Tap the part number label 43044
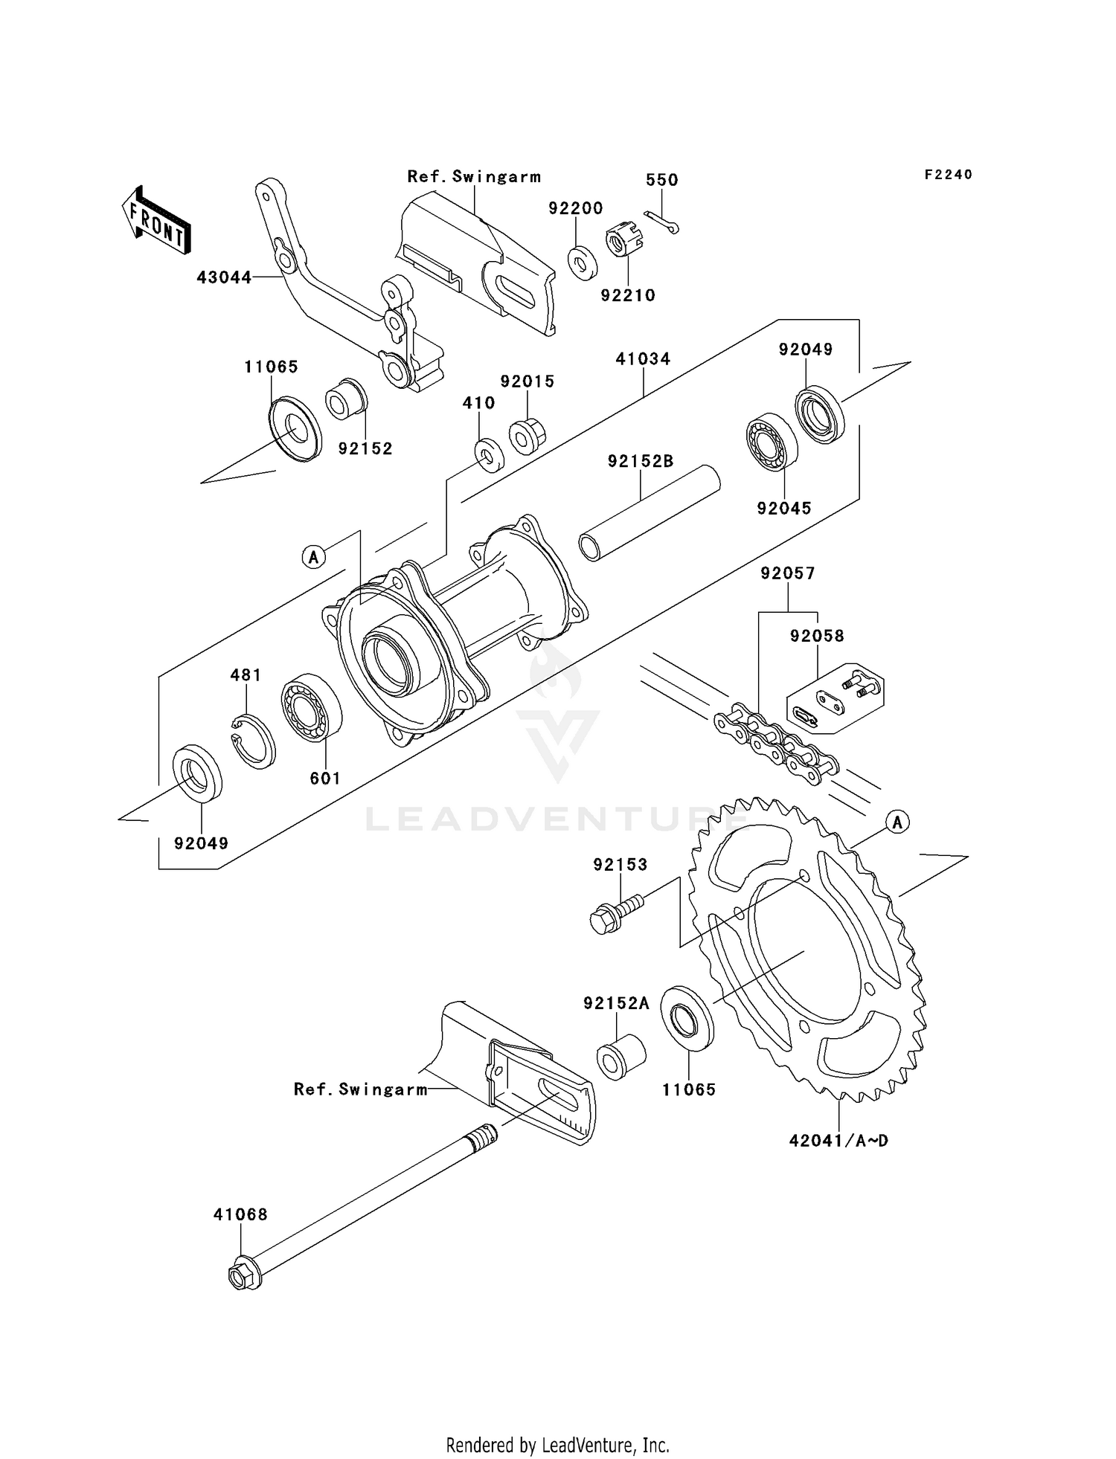pyautogui.click(x=223, y=277)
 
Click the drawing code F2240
pyautogui.click(x=948, y=175)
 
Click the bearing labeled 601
pyautogui.click(x=311, y=707)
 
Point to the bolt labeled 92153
pyautogui.click(x=615, y=913)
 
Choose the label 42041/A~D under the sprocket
pyautogui.click(x=838, y=1140)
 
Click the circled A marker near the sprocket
pyautogui.click(x=898, y=822)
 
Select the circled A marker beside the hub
pyautogui.click(x=314, y=556)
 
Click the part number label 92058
pyautogui.click(x=817, y=636)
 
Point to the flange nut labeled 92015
pyautogui.click(x=527, y=437)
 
